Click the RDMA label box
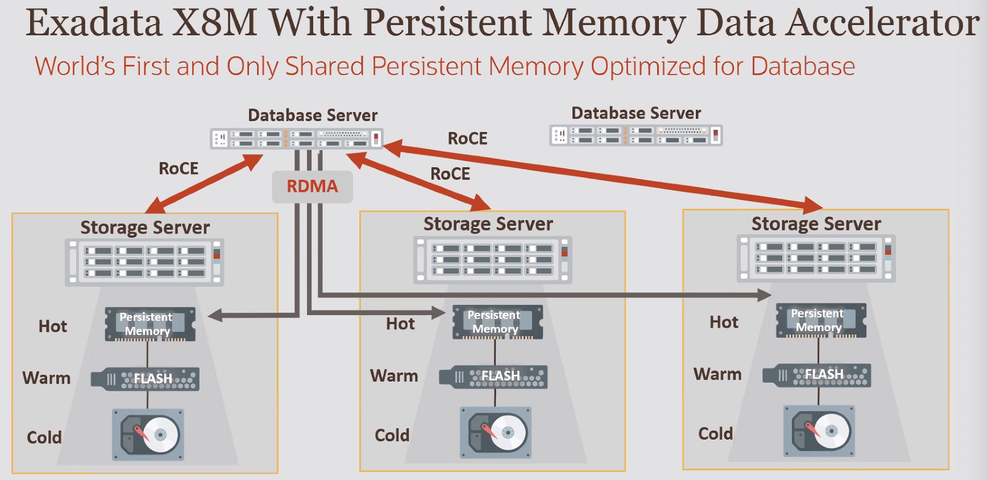[312, 187]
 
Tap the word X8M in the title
[214, 23]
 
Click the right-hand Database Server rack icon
[636, 135]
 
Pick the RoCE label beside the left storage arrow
[178, 168]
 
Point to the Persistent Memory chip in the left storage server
[150, 324]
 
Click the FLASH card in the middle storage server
[493, 376]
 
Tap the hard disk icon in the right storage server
[819, 431]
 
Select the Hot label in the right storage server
[724, 322]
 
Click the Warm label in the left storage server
[47, 378]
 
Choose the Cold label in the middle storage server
[392, 436]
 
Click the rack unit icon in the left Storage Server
[144, 262]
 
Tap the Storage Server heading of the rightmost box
[816, 224]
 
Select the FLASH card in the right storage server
[816, 375]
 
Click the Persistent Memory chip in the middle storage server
[497, 322]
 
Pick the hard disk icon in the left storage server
[148, 435]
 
